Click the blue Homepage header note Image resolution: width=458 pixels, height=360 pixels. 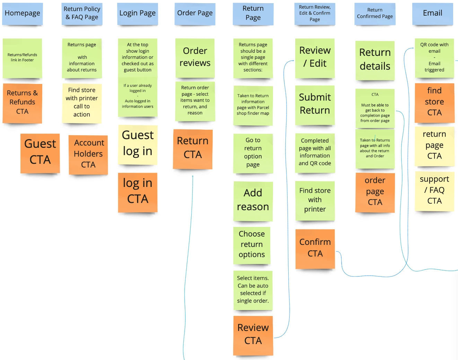(x=23, y=14)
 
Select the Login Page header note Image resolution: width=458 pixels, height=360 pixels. (x=138, y=14)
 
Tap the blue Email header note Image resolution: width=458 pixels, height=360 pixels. (x=432, y=14)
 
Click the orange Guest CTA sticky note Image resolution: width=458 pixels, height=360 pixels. (x=40, y=152)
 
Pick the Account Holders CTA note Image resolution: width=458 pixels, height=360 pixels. (x=88, y=154)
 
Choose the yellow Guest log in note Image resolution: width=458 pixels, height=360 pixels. (x=138, y=144)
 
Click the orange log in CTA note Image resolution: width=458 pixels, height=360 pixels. (x=138, y=192)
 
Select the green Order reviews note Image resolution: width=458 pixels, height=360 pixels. (x=195, y=58)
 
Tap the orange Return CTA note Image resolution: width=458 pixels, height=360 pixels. (x=193, y=148)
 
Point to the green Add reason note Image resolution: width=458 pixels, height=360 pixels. (x=253, y=200)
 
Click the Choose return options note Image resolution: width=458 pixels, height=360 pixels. (x=252, y=245)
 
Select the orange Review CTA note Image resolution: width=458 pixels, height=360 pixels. (x=253, y=335)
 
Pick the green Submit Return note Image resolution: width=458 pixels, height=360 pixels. (x=315, y=104)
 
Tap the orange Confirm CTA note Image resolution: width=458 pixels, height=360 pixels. (x=315, y=248)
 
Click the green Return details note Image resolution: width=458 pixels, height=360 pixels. (x=375, y=60)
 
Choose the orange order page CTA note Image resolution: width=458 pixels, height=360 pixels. (x=375, y=192)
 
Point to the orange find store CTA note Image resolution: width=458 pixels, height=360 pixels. (x=434, y=102)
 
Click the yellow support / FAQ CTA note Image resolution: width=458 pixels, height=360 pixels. (x=434, y=191)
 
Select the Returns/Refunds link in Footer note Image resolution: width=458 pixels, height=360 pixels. (x=23, y=58)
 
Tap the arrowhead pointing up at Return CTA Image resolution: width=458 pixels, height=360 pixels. (x=193, y=176)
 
